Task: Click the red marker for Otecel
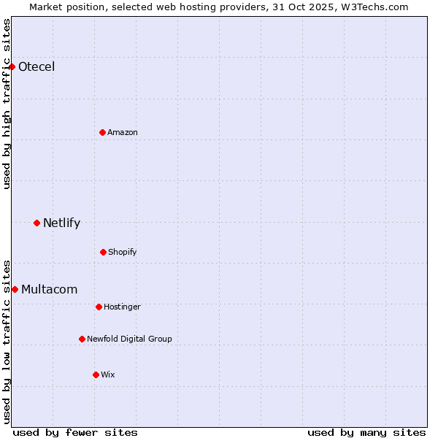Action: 12,67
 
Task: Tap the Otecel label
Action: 36,67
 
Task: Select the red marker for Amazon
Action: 102,132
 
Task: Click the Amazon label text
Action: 123,132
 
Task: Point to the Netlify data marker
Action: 36,223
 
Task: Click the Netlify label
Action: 61,223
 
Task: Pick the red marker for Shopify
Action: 103,252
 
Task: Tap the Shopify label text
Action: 123,252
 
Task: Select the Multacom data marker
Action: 15,289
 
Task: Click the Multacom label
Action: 49,289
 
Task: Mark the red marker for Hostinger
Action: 99,307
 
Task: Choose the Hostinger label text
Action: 122,307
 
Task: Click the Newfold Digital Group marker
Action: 82,339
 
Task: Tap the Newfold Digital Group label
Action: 129,339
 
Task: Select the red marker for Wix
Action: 96,374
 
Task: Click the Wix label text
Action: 108,374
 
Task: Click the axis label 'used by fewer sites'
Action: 75,432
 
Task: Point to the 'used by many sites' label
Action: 366,432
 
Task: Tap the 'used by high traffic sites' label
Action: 7,104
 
